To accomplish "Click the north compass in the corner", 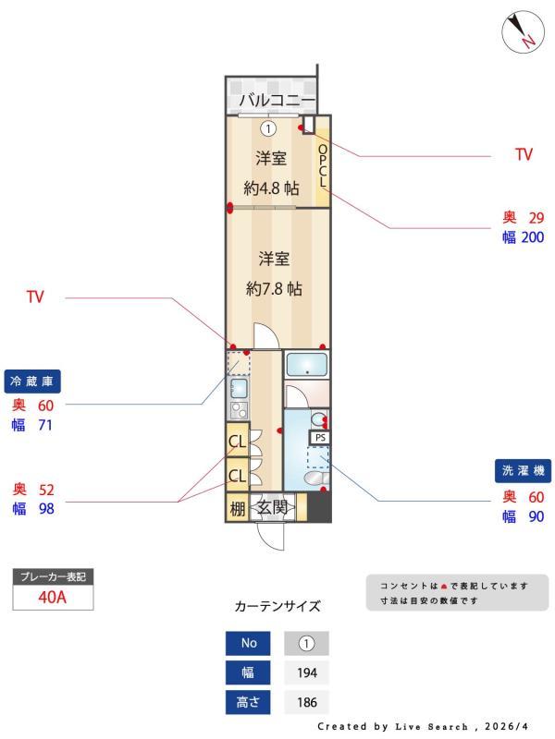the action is coord(519,32).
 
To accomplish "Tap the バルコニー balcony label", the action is coord(277,100).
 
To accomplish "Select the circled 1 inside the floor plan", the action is coord(268,128).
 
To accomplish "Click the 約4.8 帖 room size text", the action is coord(271,188).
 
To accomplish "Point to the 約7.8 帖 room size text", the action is coord(274,288).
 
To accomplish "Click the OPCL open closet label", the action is coord(323,166).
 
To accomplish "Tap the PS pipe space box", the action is coord(320,437).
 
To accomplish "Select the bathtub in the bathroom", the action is coord(307,365).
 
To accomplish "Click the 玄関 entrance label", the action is coord(272,507).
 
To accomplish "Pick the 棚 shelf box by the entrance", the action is coord(238,507).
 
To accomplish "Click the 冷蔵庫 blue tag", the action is coord(32,382).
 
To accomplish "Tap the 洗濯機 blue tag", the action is coord(523,470).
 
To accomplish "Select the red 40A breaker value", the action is coord(53,597).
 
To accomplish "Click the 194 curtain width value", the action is coord(307,672).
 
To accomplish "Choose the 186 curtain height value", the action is coord(307,702).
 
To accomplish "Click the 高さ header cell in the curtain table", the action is coord(248,702).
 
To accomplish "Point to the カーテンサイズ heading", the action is coord(277,606).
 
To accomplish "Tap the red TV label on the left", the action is coord(35,297).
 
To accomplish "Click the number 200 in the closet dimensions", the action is coord(533,237).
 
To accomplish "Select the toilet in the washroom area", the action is coord(317,478).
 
